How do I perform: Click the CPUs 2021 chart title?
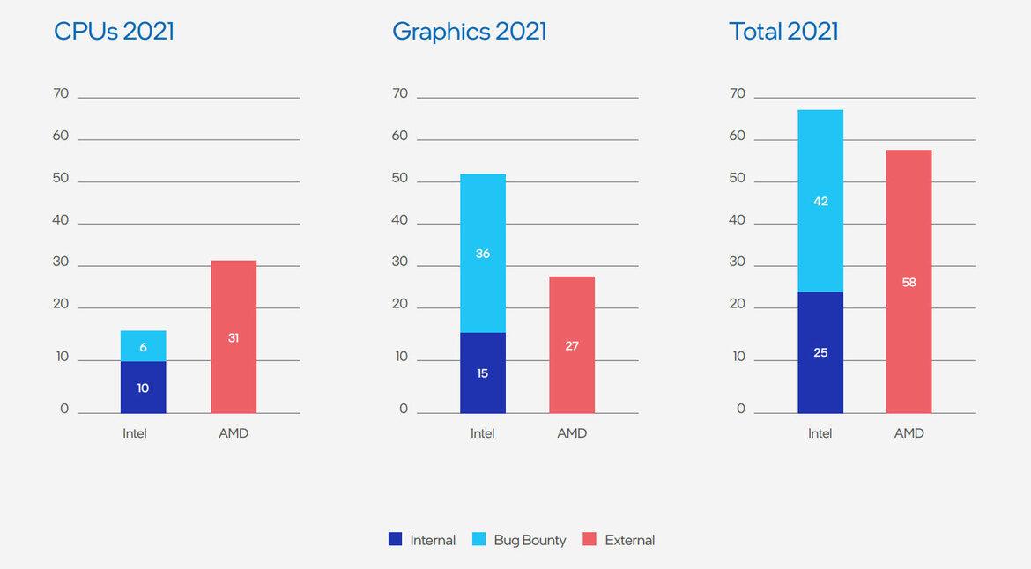(114, 32)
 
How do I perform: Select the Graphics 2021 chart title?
(469, 32)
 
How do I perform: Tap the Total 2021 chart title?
(783, 32)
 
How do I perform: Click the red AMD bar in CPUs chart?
(234, 336)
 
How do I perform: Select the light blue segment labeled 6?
(143, 346)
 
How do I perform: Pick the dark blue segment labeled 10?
(143, 387)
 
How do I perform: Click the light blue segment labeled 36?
(482, 253)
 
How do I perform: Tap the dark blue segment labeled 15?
(482, 373)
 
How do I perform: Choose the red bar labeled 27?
(572, 344)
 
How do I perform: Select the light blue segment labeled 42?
(820, 201)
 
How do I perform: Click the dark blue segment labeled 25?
(820, 352)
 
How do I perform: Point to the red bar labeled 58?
(909, 282)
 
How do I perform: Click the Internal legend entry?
(422, 540)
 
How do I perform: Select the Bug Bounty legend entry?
(520, 540)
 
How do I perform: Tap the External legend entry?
(619, 540)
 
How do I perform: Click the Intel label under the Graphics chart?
(482, 433)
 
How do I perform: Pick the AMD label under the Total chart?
(909, 433)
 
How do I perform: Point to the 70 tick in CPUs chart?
(61, 93)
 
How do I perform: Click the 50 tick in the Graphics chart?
(400, 178)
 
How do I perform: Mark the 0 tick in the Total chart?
(741, 409)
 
